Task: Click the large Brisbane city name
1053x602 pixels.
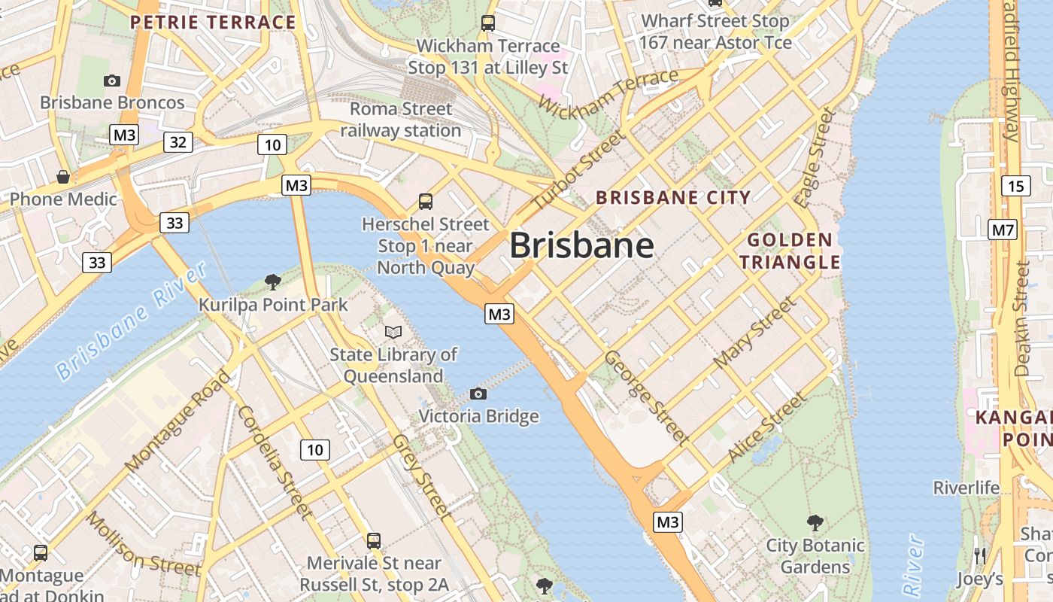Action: pyautogui.click(x=581, y=246)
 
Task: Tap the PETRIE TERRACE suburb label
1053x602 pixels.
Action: pyautogui.click(x=213, y=23)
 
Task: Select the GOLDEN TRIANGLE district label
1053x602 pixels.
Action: pyautogui.click(x=790, y=251)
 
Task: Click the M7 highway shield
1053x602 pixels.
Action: pyautogui.click(x=1003, y=230)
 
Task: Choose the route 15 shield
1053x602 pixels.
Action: pyautogui.click(x=1016, y=185)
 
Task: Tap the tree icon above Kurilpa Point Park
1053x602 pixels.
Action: pyautogui.click(x=273, y=282)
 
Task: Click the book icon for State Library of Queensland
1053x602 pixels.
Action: pyautogui.click(x=393, y=332)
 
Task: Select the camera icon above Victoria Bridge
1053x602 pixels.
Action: pyautogui.click(x=478, y=394)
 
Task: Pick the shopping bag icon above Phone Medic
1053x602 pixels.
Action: pyautogui.click(x=63, y=177)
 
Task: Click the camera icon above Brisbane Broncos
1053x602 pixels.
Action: pyautogui.click(x=112, y=81)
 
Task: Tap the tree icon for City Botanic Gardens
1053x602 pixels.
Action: pyautogui.click(x=815, y=522)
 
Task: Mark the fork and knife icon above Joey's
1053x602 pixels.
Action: pyautogui.click(x=979, y=556)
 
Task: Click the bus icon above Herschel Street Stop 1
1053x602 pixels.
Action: pyautogui.click(x=426, y=201)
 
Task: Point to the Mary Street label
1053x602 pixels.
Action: pyautogui.click(x=754, y=333)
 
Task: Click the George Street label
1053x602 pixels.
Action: pyautogui.click(x=646, y=397)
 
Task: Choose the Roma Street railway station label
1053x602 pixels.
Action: pyautogui.click(x=401, y=120)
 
